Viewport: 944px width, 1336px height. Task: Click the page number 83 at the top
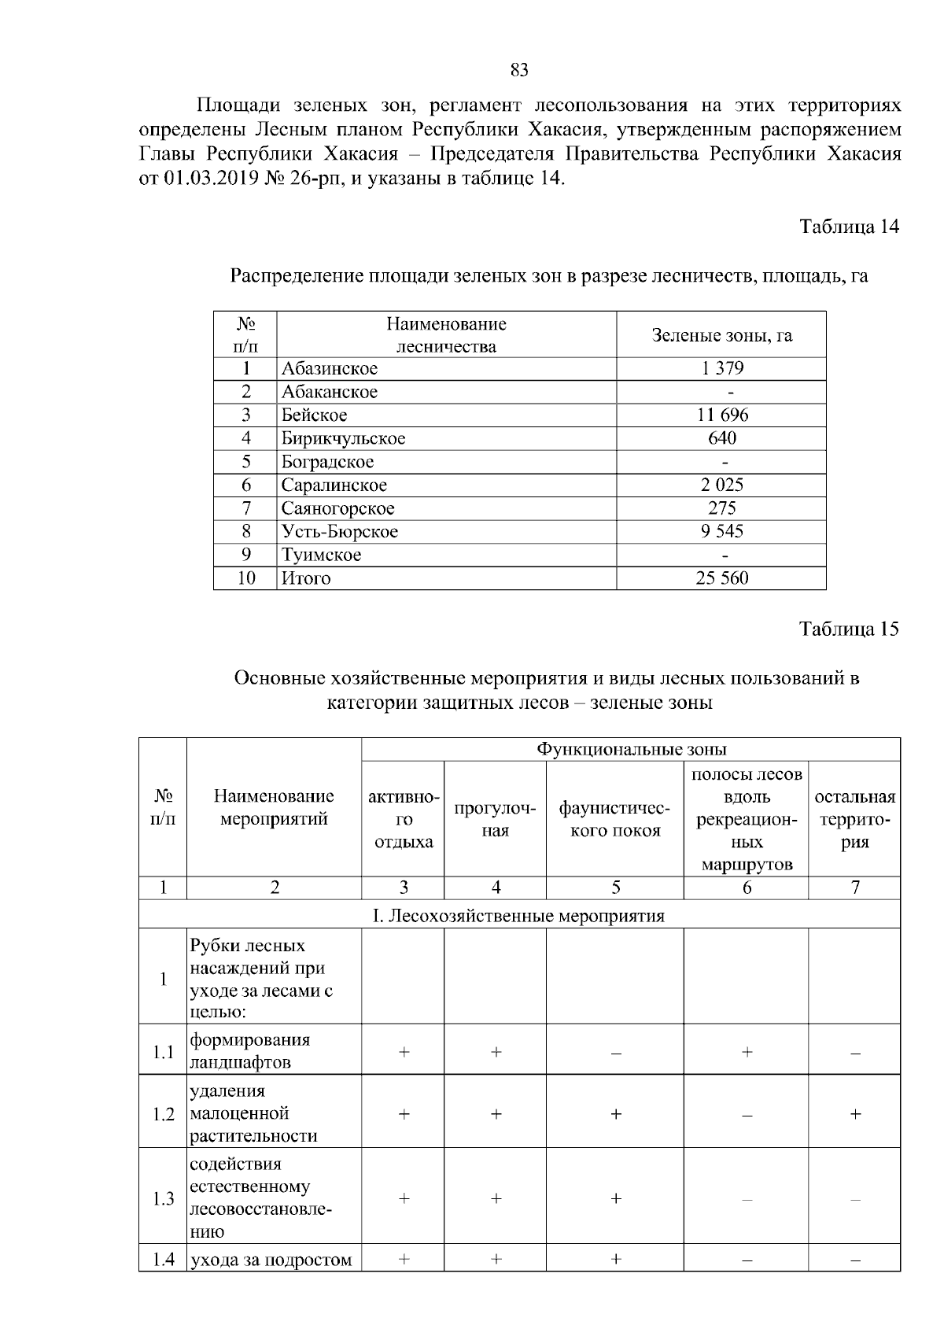pyautogui.click(x=519, y=71)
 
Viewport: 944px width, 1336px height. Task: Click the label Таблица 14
pyautogui.click(x=849, y=227)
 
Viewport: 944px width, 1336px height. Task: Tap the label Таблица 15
pyautogui.click(x=849, y=629)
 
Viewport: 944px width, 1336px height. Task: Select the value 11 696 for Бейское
pyautogui.click(x=721, y=415)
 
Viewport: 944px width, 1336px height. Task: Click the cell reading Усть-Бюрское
pyautogui.click(x=340, y=532)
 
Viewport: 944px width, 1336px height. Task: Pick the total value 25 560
pyautogui.click(x=721, y=578)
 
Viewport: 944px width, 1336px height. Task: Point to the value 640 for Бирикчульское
pyautogui.click(x=721, y=438)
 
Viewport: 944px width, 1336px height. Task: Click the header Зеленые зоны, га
pyautogui.click(x=721, y=335)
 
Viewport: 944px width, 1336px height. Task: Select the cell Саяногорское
pyautogui.click(x=338, y=508)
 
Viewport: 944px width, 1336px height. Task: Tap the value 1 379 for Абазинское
pyautogui.click(x=721, y=368)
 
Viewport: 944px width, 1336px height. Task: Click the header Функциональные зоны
pyautogui.click(x=631, y=749)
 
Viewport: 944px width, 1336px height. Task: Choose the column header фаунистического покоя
pyautogui.click(x=615, y=819)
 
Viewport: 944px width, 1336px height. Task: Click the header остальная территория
pyautogui.click(x=854, y=819)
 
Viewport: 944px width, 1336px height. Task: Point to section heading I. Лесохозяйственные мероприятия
pyautogui.click(x=519, y=916)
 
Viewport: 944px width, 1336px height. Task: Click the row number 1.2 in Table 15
pyautogui.click(x=163, y=1114)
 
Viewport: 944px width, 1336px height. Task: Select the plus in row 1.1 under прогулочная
pyautogui.click(x=496, y=1051)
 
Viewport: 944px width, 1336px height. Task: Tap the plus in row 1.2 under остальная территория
pyautogui.click(x=854, y=1114)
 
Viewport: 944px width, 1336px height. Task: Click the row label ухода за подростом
pyautogui.click(x=271, y=1260)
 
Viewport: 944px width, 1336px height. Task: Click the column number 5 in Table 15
pyautogui.click(x=615, y=888)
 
